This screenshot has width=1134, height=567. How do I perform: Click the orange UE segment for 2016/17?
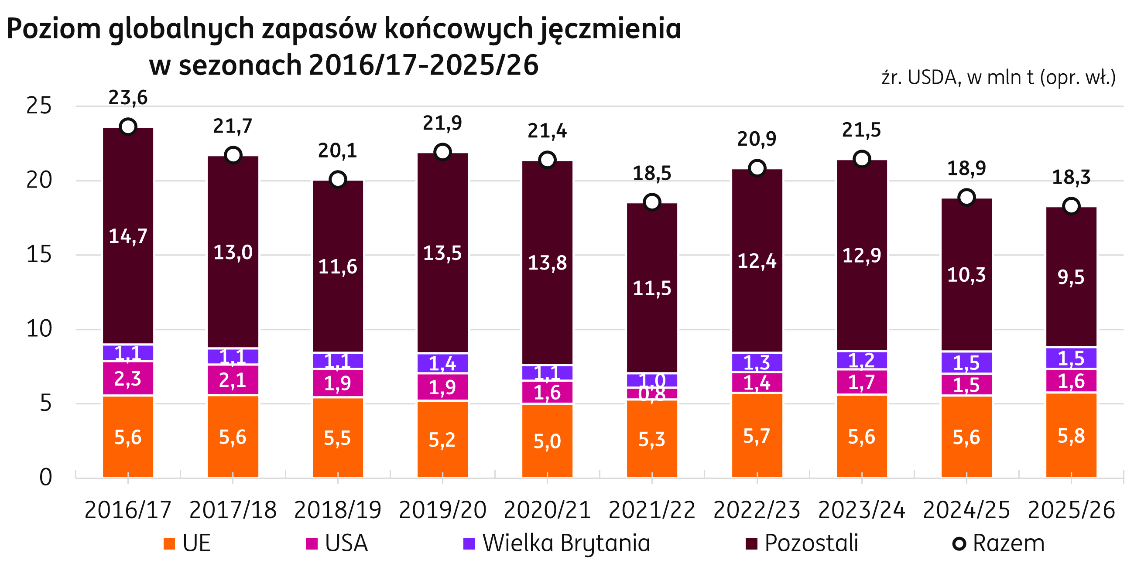pyautogui.click(x=128, y=437)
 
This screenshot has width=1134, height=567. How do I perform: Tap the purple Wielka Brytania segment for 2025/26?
pyautogui.click(x=1071, y=358)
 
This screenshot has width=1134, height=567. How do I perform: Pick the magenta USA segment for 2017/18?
pyautogui.click(x=233, y=379)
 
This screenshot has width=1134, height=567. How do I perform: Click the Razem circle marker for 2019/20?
pyautogui.click(x=442, y=152)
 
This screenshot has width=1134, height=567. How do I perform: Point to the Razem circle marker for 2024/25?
pyautogui.click(x=966, y=197)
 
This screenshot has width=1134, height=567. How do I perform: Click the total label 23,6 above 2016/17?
pyautogui.click(x=128, y=98)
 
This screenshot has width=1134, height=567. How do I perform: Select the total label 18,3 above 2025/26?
pyautogui.click(x=1071, y=177)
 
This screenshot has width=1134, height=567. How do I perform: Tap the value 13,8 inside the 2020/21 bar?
pyautogui.click(x=547, y=263)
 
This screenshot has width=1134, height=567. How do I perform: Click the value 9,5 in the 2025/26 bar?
pyautogui.click(x=1071, y=277)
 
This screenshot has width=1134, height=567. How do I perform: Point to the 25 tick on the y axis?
pyautogui.click(x=39, y=106)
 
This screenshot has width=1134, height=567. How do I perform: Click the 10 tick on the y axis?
pyautogui.click(x=39, y=329)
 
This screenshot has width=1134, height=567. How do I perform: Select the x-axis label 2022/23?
pyautogui.click(x=757, y=510)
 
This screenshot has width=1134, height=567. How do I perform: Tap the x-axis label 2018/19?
pyautogui.click(x=338, y=510)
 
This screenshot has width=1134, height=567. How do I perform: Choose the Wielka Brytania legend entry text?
pyautogui.click(x=566, y=543)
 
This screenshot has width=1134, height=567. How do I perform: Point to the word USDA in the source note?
pyautogui.click(x=932, y=78)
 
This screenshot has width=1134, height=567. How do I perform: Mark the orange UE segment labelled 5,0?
pyautogui.click(x=547, y=440)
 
